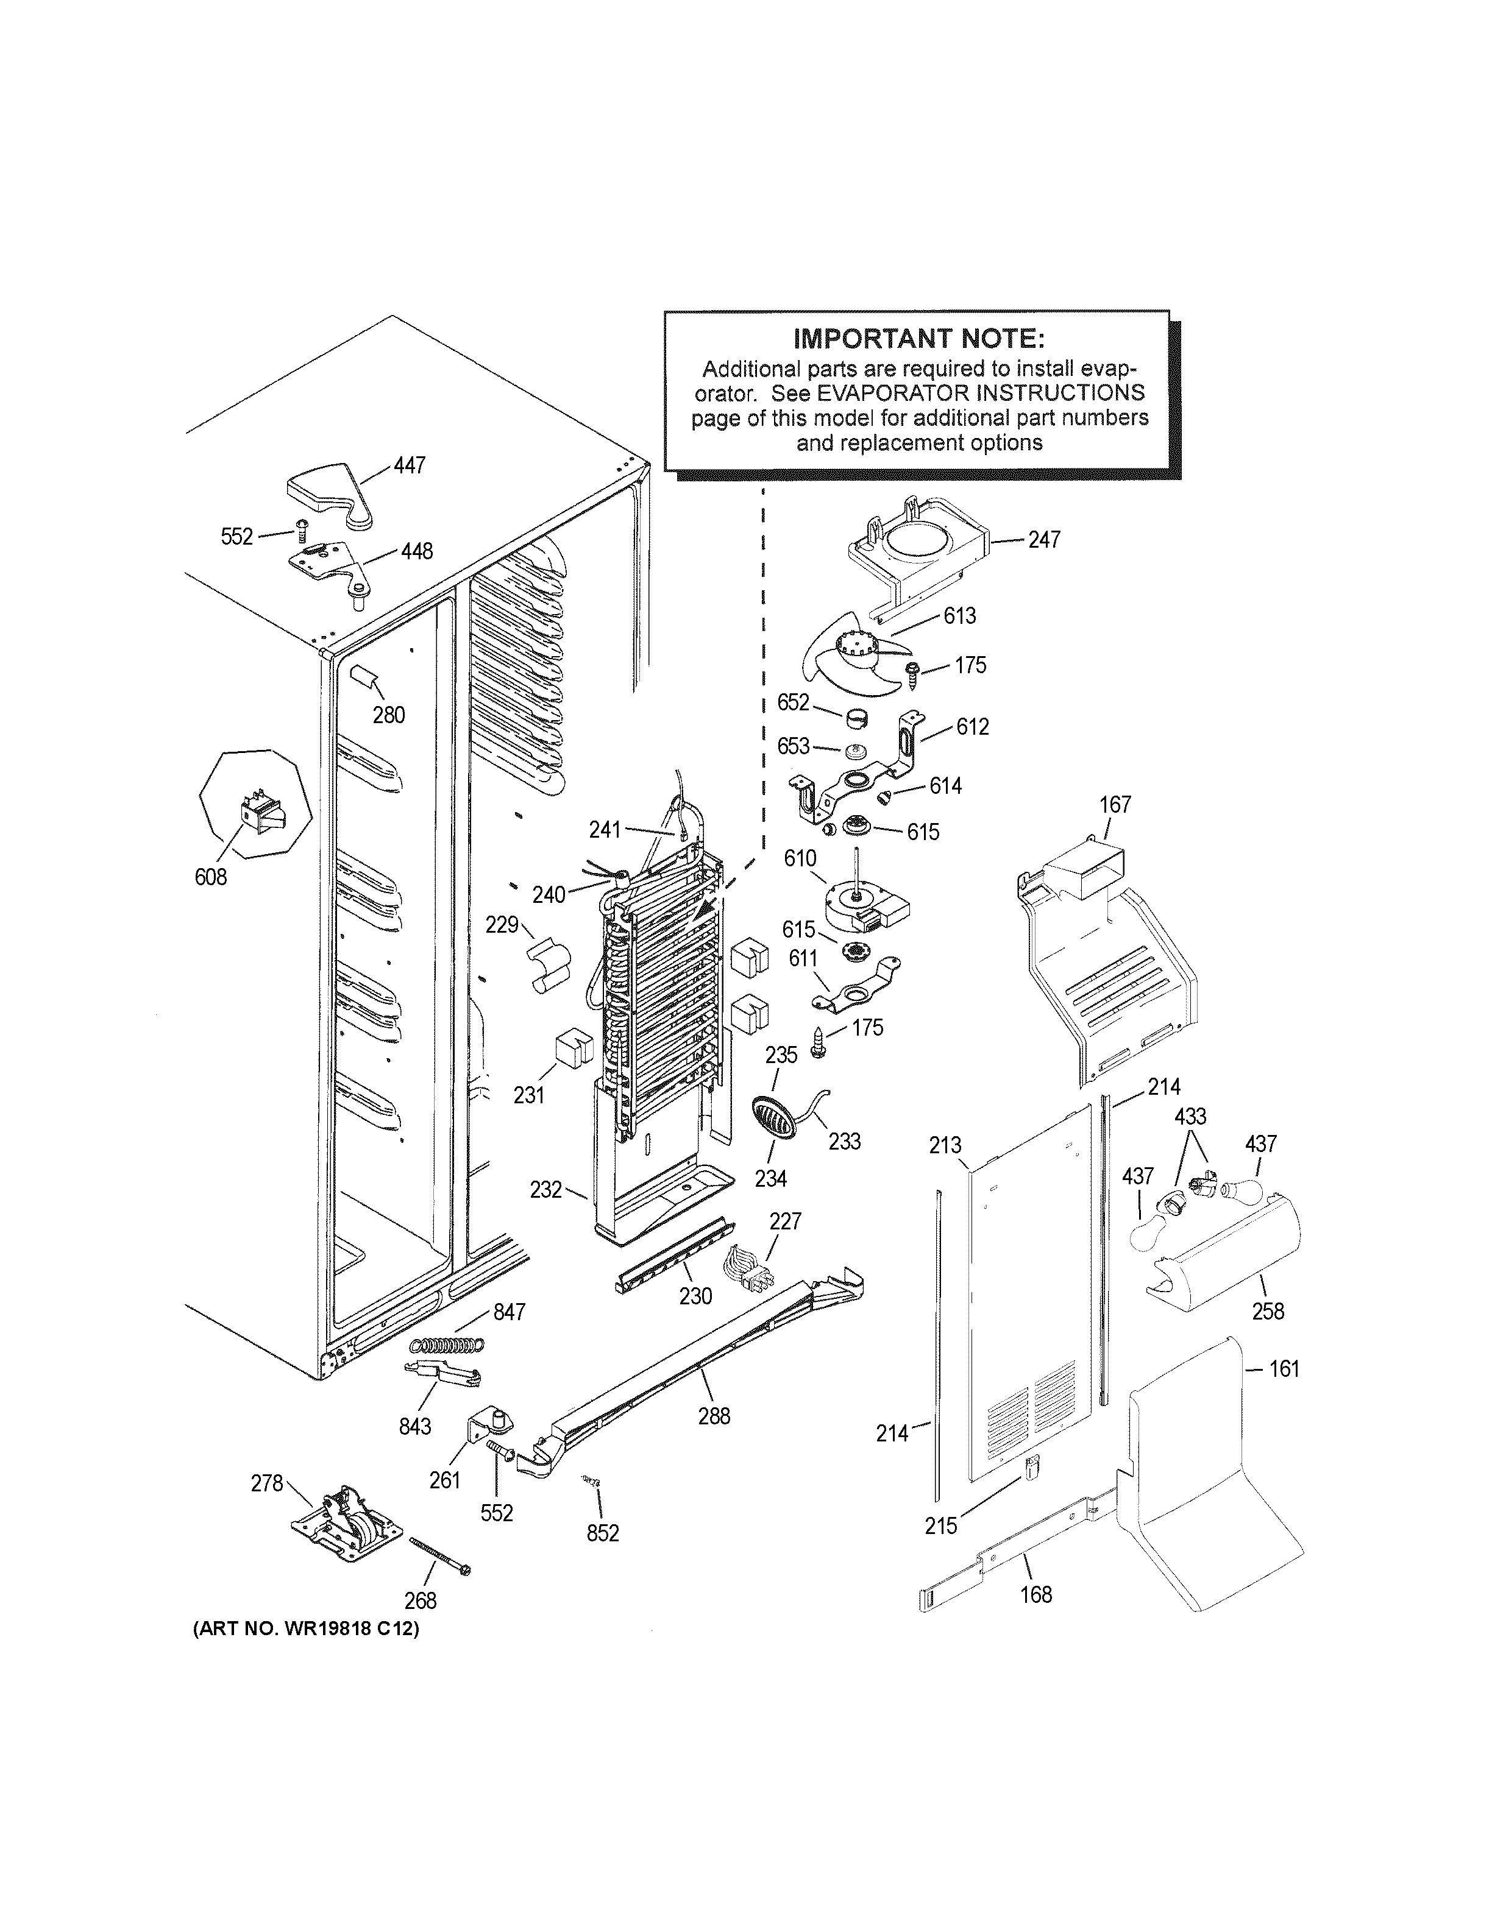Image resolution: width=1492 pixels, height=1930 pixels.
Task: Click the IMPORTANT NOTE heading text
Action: coord(918,339)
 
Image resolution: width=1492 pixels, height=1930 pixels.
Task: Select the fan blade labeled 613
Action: coord(848,659)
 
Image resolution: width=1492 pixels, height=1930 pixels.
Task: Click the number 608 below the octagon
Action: coord(210,877)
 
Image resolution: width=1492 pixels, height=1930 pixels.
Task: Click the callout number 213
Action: coord(945,1145)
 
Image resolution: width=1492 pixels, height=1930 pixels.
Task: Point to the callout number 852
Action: coord(603,1533)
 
